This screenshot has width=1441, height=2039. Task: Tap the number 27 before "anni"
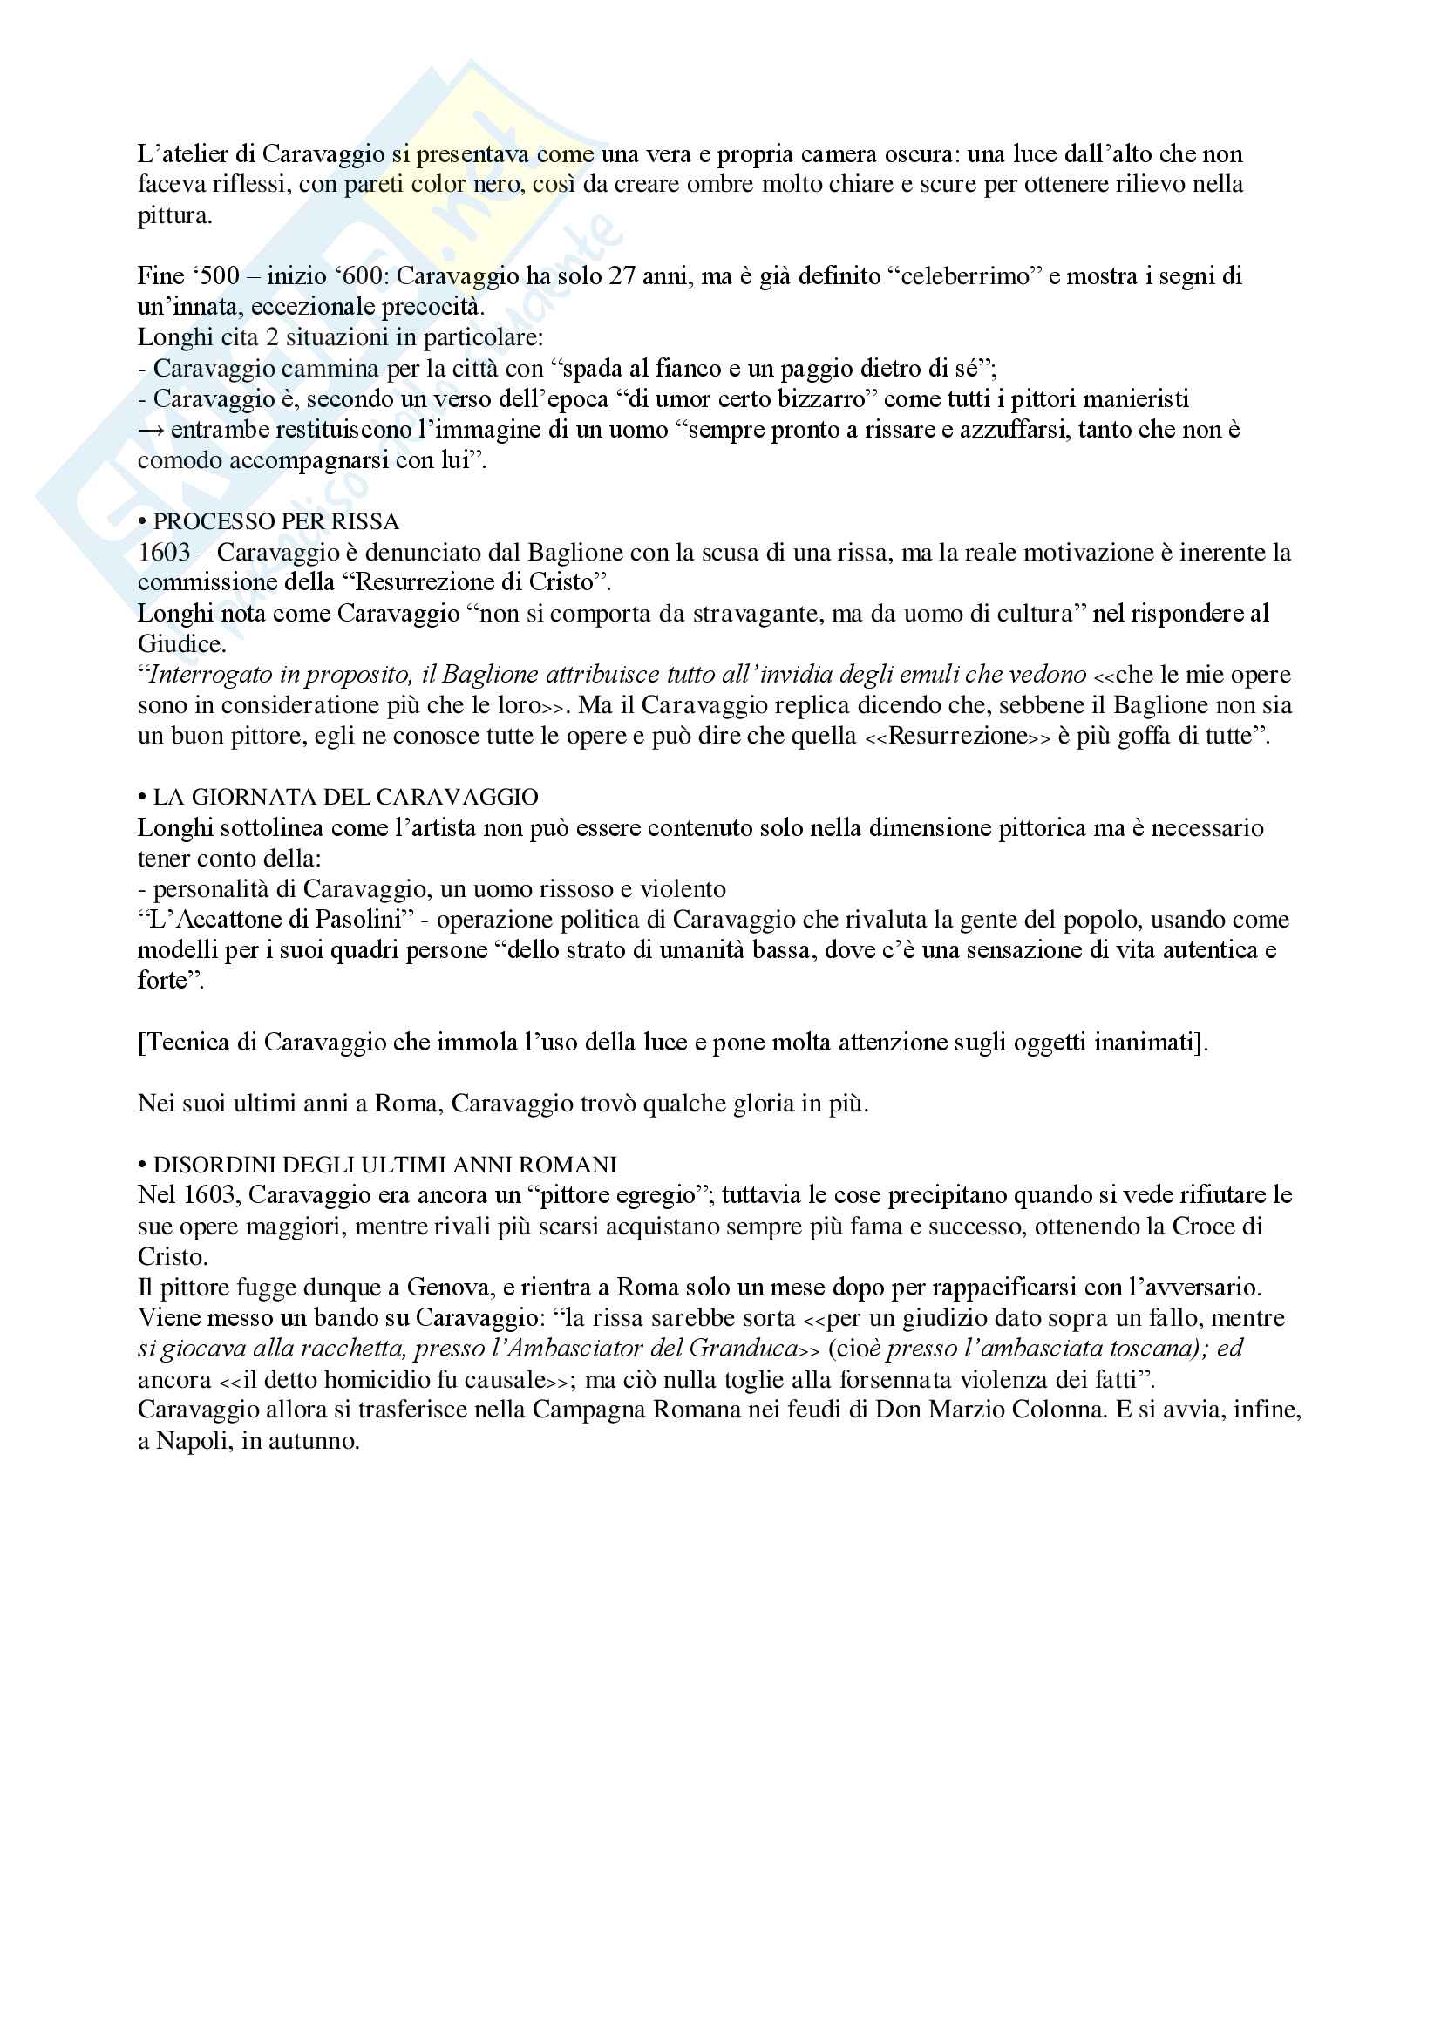pyautogui.click(x=622, y=276)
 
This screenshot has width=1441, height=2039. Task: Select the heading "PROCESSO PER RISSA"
pyautogui.click(x=276, y=521)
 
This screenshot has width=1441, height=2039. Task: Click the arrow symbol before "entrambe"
pyautogui.click(x=151, y=430)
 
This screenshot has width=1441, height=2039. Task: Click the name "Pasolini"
pyautogui.click(x=358, y=919)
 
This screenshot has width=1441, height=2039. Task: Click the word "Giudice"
pyautogui.click(x=180, y=644)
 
